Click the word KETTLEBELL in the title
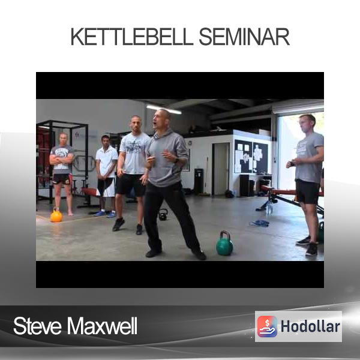point(132,37)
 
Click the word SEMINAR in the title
point(244,37)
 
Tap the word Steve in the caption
point(37,326)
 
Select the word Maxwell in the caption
point(102,326)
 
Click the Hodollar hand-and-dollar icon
point(267,326)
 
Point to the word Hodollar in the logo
point(310,326)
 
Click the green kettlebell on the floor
point(224,244)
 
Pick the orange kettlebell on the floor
point(56,215)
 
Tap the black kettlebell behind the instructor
point(163,215)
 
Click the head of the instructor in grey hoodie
point(161,121)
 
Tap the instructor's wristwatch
point(176,160)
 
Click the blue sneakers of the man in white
point(106,214)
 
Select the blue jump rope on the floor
point(259,223)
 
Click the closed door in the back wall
point(220,169)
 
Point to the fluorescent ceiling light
point(164,110)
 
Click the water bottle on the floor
point(269,208)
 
